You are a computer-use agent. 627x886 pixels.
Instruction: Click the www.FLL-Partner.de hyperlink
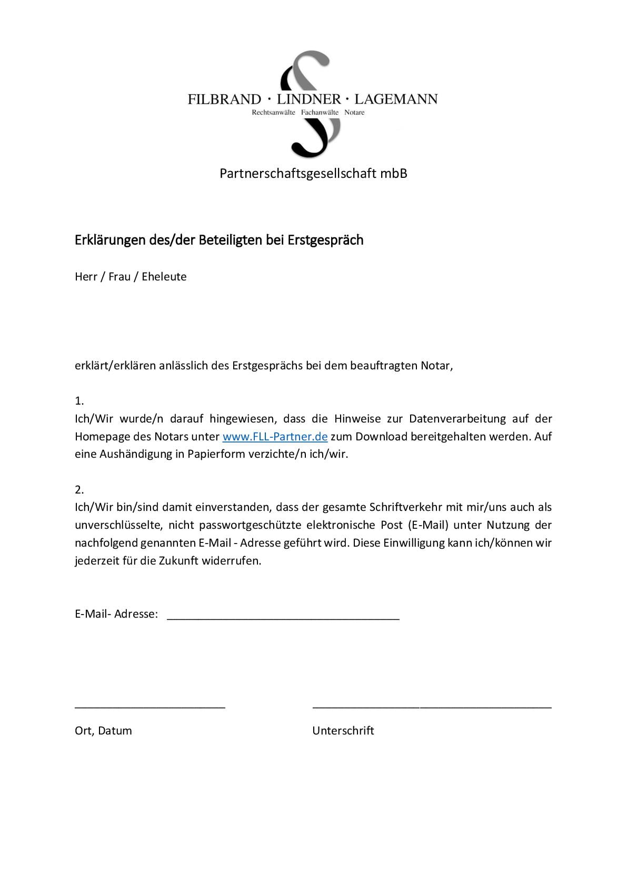(x=275, y=437)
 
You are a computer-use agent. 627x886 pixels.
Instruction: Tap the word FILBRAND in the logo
(x=224, y=99)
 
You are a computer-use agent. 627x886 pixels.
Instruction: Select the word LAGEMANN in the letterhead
(x=396, y=99)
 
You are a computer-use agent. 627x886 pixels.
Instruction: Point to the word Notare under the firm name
(x=354, y=113)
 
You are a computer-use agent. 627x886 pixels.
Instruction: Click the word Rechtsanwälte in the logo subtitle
(x=273, y=113)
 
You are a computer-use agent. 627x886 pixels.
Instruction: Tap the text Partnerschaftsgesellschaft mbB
(x=313, y=173)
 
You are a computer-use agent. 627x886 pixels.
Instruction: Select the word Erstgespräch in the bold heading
(x=325, y=240)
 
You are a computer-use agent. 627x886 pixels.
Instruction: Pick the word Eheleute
(x=164, y=277)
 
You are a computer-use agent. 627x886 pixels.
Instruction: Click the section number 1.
(x=79, y=401)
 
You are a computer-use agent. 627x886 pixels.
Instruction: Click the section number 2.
(x=79, y=490)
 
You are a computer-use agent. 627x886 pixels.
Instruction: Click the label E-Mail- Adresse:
(x=116, y=614)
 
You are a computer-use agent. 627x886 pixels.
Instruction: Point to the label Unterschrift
(x=343, y=731)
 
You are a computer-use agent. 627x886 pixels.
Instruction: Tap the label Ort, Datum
(x=103, y=731)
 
